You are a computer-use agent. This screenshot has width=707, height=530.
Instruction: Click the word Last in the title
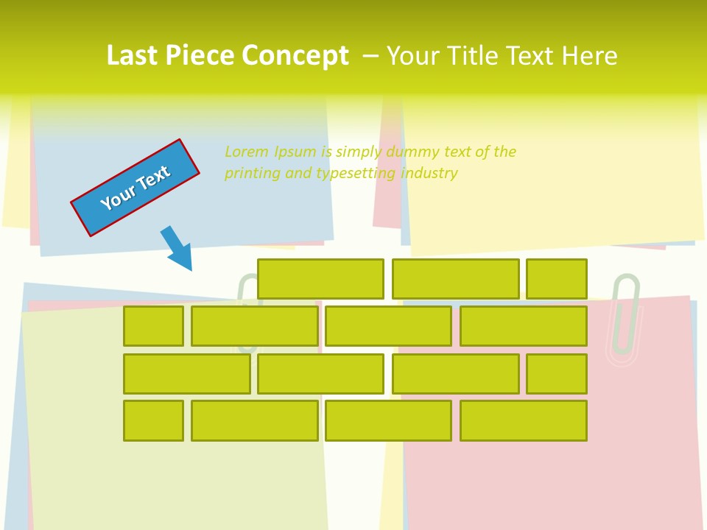[x=133, y=56]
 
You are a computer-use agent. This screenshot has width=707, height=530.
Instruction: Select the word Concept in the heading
[x=295, y=56]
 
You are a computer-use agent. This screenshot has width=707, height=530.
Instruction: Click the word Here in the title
[x=589, y=56]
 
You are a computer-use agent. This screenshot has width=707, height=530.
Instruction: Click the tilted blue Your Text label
[x=135, y=188]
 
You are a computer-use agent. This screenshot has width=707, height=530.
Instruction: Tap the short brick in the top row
[x=556, y=279]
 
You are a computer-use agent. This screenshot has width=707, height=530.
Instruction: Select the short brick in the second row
[x=153, y=326]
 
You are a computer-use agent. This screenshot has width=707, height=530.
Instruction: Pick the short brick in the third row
[x=556, y=374]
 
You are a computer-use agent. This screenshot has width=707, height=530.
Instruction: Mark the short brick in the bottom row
[x=153, y=421]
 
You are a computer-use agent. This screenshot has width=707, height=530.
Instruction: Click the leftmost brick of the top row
[x=320, y=279]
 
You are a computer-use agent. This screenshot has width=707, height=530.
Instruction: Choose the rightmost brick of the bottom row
[x=523, y=421]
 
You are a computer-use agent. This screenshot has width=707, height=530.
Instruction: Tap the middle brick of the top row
[x=455, y=279]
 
